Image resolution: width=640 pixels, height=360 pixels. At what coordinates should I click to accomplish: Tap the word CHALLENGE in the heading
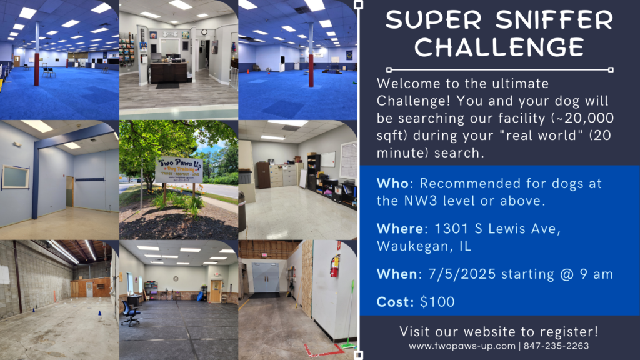(x=499, y=47)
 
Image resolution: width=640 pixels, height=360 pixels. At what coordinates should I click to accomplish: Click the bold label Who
(x=392, y=184)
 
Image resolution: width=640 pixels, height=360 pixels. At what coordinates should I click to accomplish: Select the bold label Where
(x=400, y=229)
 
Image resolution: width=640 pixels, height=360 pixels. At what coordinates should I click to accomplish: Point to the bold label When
(x=397, y=274)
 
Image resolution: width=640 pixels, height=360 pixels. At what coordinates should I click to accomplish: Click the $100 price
(x=437, y=302)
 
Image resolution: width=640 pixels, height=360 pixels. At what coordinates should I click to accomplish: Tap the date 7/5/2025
(x=462, y=274)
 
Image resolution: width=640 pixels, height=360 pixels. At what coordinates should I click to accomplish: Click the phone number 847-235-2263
(x=556, y=346)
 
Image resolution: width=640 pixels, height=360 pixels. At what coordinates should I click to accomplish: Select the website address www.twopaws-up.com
(x=462, y=346)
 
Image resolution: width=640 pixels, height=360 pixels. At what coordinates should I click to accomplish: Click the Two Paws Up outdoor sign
(x=179, y=170)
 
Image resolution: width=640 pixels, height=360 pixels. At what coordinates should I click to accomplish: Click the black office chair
(x=131, y=313)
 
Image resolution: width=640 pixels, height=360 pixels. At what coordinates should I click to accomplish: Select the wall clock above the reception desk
(x=204, y=32)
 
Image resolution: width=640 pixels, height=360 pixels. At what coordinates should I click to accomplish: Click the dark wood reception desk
(x=169, y=72)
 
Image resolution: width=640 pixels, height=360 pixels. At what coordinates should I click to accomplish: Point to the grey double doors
(x=266, y=277)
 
